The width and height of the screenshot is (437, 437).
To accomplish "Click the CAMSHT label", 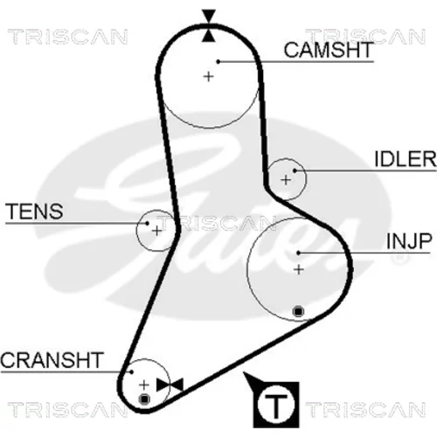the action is click(x=329, y=50).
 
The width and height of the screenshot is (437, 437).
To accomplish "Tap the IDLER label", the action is click(x=406, y=159).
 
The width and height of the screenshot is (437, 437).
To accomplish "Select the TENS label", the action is click(x=34, y=212).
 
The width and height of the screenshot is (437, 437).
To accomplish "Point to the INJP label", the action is click(x=409, y=241).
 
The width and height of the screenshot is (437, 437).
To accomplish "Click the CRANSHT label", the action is click(x=52, y=360).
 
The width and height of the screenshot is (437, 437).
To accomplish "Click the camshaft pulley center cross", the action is click(x=208, y=77).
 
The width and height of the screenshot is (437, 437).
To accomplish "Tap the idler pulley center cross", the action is click(x=286, y=180).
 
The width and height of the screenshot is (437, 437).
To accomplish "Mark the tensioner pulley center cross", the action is click(x=156, y=231).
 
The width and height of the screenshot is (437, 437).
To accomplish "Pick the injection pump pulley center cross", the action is click(x=299, y=269).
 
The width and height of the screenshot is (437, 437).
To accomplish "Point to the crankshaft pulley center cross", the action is click(x=144, y=385).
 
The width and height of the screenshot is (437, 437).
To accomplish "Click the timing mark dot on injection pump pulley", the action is click(x=298, y=311).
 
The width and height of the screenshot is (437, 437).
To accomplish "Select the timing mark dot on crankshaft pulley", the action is click(x=144, y=399).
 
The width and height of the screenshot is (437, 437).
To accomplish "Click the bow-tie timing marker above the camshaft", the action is click(x=209, y=25).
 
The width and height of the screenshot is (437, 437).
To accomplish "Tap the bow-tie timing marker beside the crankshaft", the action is click(x=170, y=385).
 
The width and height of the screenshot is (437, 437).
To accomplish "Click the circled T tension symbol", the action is click(x=275, y=405).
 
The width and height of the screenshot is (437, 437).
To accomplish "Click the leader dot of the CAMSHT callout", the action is click(x=218, y=61).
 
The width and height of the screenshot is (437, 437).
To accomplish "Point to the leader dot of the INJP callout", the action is click(x=298, y=253).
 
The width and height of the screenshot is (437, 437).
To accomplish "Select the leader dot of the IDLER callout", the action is click(x=295, y=170).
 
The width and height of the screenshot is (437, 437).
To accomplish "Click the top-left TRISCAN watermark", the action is click(x=67, y=37).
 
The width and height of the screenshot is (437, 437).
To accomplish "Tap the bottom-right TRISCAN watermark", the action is click(x=365, y=409).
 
